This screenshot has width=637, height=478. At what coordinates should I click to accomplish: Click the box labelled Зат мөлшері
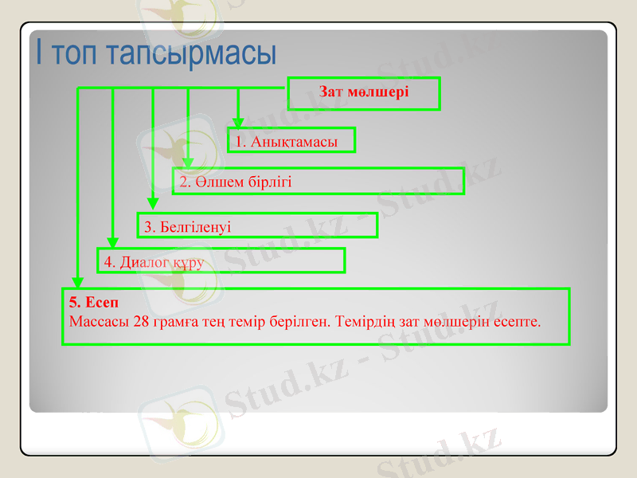point(363,92)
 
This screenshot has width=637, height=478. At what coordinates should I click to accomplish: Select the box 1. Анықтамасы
point(291,141)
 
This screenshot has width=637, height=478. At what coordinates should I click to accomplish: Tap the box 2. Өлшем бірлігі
point(318,182)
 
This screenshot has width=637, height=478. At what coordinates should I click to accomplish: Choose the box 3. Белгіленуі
point(256,226)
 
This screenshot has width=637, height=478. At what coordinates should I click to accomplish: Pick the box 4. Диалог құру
point(221,261)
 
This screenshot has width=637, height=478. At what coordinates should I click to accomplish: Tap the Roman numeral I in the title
point(38,53)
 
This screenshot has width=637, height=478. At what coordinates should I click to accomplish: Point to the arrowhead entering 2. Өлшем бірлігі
point(188,163)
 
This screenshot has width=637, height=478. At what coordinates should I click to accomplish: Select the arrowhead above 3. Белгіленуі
point(153,205)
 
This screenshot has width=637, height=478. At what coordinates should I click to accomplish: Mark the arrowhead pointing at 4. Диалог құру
point(113,242)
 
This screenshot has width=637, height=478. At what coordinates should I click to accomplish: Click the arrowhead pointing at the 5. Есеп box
point(77,282)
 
